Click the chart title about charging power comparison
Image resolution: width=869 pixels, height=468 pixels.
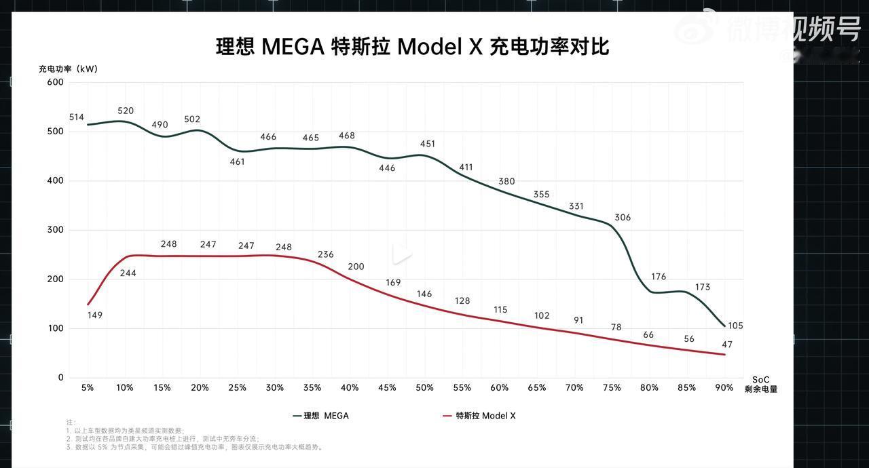pyautogui.click(x=412, y=47)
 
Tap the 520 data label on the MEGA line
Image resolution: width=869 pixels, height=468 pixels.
pyautogui.click(x=126, y=111)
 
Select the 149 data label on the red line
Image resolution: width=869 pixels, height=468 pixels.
pyautogui.click(x=95, y=315)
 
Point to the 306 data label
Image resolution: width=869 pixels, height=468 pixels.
pyautogui.click(x=623, y=218)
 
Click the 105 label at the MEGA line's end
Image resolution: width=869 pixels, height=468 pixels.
pyautogui.click(x=735, y=326)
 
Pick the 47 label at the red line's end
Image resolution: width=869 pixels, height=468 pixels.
pyautogui.click(x=727, y=345)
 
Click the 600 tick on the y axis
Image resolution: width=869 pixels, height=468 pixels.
pyautogui.click(x=56, y=82)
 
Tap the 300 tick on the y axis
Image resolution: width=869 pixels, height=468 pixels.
pyautogui.click(x=56, y=230)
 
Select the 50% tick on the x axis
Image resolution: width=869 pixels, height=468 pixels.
pyautogui.click(x=424, y=388)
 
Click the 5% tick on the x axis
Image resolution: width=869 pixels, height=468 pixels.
pyautogui.click(x=88, y=388)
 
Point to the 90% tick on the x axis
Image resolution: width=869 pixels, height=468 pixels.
pyautogui.click(x=724, y=388)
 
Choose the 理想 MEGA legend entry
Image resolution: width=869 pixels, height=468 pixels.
pyautogui.click(x=321, y=416)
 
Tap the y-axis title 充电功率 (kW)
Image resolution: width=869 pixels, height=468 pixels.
pyautogui.click(x=68, y=69)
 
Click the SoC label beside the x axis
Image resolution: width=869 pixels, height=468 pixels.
pyautogui.click(x=760, y=380)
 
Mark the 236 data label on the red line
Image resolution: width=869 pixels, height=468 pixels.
pyautogui.click(x=326, y=254)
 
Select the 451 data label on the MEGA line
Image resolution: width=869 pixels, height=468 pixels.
pyautogui.click(x=428, y=144)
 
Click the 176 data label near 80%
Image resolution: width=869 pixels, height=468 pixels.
pyautogui.click(x=659, y=277)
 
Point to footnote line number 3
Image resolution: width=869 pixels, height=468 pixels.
pyautogui.click(x=193, y=447)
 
